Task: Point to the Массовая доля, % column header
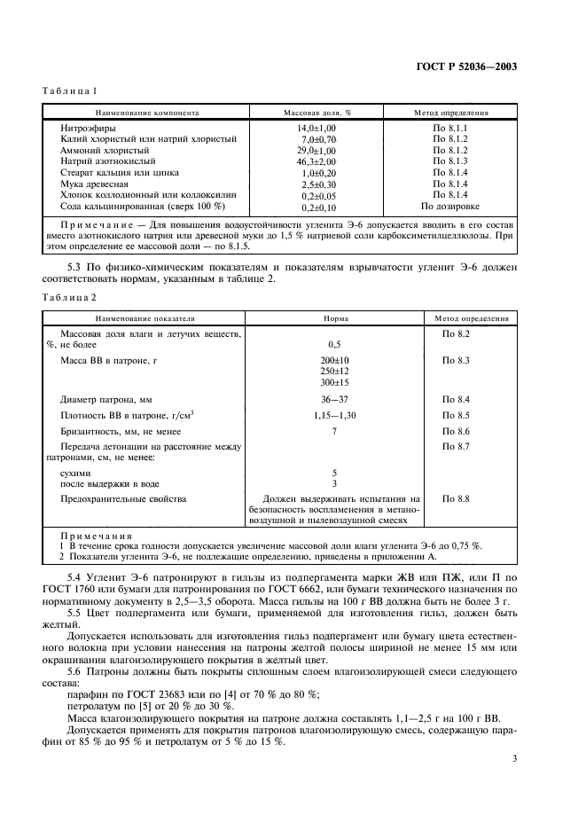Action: click(317, 114)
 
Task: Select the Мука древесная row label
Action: click(93, 184)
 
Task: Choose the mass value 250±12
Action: click(335, 371)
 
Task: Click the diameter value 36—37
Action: click(335, 400)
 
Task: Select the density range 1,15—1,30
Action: click(335, 415)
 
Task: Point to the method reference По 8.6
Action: click(455, 430)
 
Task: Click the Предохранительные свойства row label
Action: click(123, 499)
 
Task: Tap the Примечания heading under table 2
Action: click(95, 536)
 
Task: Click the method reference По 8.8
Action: click(455, 499)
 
